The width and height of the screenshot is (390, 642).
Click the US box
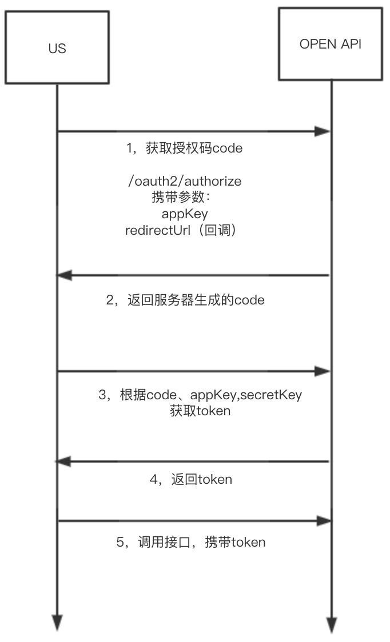pos(57,49)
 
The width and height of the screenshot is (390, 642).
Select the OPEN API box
pos(330,44)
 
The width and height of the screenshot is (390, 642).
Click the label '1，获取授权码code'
pos(184,149)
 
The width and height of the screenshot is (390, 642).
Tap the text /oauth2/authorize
pos(185,181)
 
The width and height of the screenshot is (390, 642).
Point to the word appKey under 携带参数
pos(185,214)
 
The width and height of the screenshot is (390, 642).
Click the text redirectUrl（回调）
pos(180,230)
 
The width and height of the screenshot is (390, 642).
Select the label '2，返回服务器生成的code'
pos(185,300)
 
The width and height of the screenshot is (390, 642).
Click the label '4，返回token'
pos(190,479)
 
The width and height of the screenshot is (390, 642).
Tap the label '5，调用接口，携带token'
pos(191,542)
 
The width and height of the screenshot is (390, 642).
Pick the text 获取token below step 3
pos(200,410)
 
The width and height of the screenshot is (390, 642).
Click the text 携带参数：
pos(181,197)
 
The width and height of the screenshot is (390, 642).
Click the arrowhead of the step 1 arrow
pos(324,132)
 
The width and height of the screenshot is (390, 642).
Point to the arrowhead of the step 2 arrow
pos(65,275)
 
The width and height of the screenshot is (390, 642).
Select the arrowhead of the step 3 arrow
pos(324,372)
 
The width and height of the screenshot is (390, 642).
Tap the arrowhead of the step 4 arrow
pos(65,461)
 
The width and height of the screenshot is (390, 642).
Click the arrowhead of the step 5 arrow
pos(324,520)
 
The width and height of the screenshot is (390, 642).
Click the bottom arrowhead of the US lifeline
pos(57,622)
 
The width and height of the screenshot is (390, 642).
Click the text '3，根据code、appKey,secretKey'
pos(200,394)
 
